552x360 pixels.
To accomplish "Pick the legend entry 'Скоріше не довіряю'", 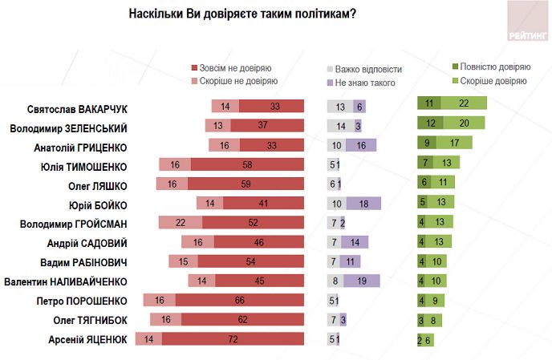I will [233, 81].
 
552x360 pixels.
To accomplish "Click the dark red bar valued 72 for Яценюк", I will [233, 339].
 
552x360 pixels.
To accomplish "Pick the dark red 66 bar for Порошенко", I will [240, 301].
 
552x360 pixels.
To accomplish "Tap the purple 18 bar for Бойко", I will [364, 204].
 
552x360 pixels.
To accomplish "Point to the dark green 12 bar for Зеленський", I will [430, 123].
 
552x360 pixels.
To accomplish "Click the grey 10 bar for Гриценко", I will [336, 145].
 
